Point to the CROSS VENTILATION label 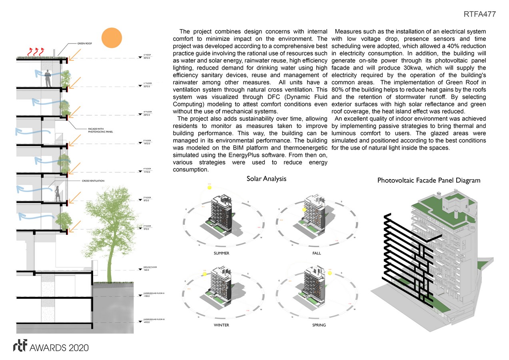pyautogui.click(x=93, y=181)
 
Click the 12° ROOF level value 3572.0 pyautogui.click(x=146, y=58)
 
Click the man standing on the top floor pyautogui.click(x=48, y=78)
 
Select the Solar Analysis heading pyautogui.click(x=266, y=179)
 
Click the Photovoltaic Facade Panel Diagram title pyautogui.click(x=429, y=180)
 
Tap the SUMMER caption pyautogui.click(x=222, y=253)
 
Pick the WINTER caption pyautogui.click(x=222, y=325)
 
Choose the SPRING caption pyautogui.click(x=319, y=325)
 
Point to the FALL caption pyautogui.click(x=317, y=253)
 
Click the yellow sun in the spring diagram pyautogui.click(x=330, y=273)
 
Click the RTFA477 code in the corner pyautogui.click(x=480, y=14)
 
